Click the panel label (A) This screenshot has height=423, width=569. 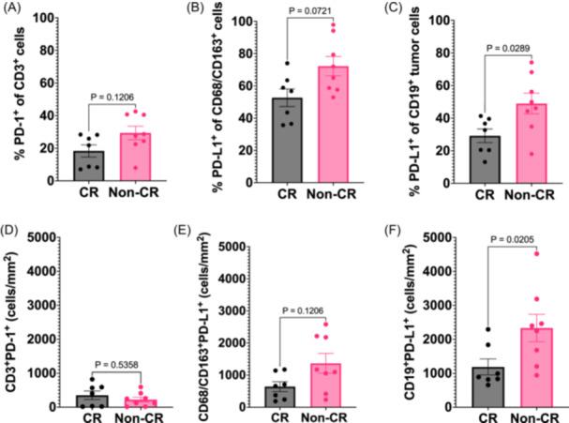coord(14,9)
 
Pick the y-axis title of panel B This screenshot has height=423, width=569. coord(215,94)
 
